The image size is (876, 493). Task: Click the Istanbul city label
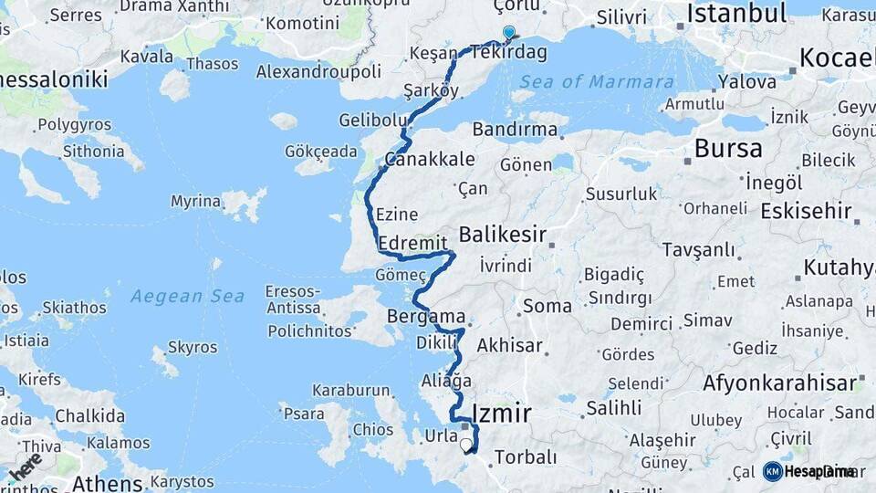(736, 14)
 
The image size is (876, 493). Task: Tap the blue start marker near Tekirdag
(508, 33)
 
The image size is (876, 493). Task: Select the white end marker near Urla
(466, 446)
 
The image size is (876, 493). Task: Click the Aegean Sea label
(187, 296)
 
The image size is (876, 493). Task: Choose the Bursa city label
(729, 149)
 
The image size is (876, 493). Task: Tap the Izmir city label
(502, 413)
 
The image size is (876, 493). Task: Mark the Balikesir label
(502, 235)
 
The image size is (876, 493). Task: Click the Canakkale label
(430, 159)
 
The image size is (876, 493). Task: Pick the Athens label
(108, 482)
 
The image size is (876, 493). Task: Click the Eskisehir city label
(806, 211)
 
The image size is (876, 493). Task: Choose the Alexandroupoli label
(318, 71)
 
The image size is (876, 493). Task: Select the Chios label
(372, 429)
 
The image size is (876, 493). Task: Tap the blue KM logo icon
(773, 471)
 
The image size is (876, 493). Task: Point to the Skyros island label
(193, 348)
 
